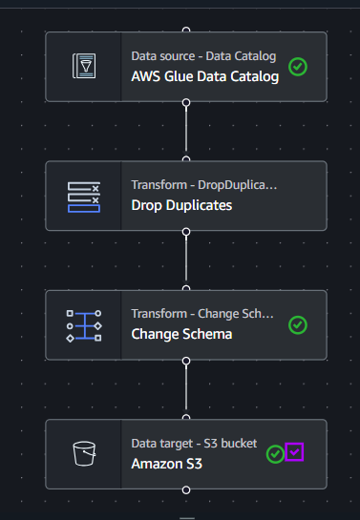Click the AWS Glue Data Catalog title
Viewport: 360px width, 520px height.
pyautogui.click(x=205, y=76)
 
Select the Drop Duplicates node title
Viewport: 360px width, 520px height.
pyautogui.click(x=181, y=205)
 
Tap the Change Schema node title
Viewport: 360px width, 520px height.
pyautogui.click(x=181, y=334)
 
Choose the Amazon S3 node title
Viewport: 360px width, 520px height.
pyautogui.click(x=166, y=464)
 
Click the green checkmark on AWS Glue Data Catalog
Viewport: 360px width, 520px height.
pyautogui.click(x=298, y=67)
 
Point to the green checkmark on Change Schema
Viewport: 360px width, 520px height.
pyautogui.click(x=298, y=325)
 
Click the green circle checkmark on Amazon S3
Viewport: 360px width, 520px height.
pyautogui.click(x=275, y=453)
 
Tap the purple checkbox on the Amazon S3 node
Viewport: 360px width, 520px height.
pyautogui.click(x=294, y=451)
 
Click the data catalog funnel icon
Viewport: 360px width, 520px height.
pyautogui.click(x=84, y=66)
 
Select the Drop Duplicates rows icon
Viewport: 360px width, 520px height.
pyautogui.click(x=84, y=197)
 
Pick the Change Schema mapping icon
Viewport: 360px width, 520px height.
pyautogui.click(x=84, y=325)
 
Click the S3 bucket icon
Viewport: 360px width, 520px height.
pyautogui.click(x=84, y=453)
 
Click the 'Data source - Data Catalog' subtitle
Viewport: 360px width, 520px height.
pyautogui.click(x=203, y=56)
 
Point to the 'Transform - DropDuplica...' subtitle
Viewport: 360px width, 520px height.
pyautogui.click(x=204, y=185)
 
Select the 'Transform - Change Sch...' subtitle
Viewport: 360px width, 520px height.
pyautogui.click(x=202, y=314)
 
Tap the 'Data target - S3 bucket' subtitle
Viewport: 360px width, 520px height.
pyautogui.click(x=194, y=444)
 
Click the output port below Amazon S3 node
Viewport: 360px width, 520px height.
pyautogui.click(x=186, y=489)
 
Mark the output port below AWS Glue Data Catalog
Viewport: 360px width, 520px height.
pyautogui.click(x=186, y=102)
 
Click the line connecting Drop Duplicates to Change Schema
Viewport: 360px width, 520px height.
pyautogui.click(x=186, y=259)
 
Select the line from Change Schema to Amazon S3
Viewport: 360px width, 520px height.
pyautogui.click(x=186, y=387)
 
